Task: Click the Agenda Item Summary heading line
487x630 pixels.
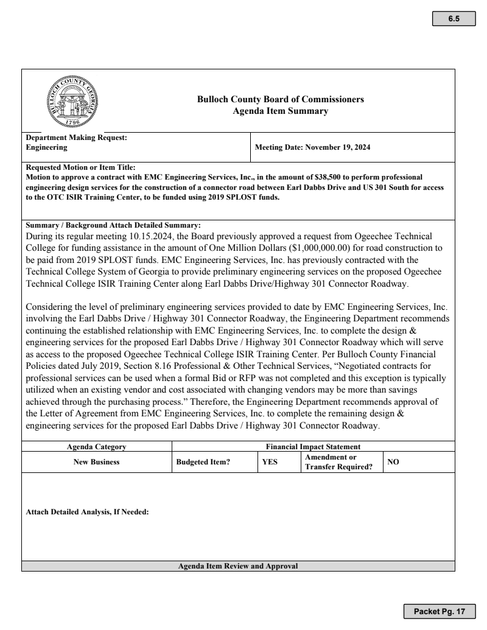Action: click(281, 111)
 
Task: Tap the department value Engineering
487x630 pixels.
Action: click(46, 147)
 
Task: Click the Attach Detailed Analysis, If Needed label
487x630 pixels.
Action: click(88, 511)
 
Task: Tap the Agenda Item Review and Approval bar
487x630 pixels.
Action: click(237, 566)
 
